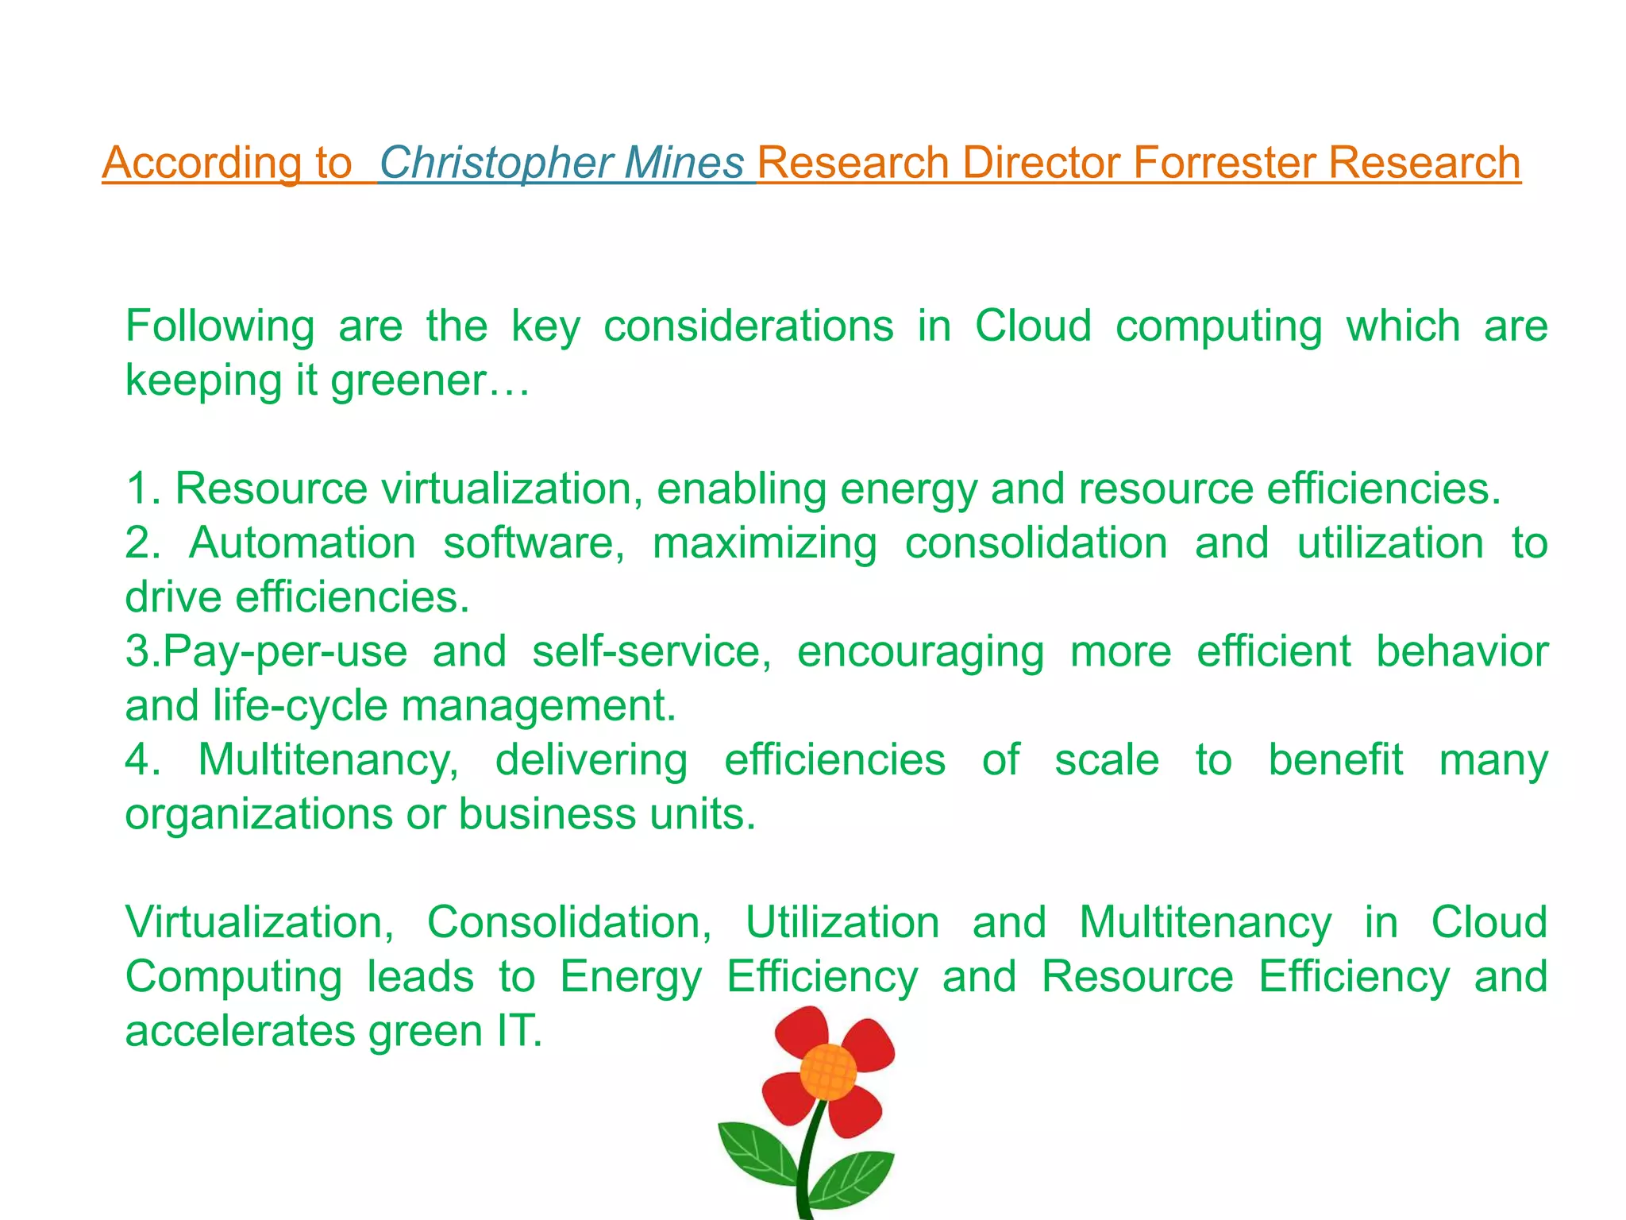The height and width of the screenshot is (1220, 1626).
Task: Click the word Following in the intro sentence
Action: [x=220, y=326]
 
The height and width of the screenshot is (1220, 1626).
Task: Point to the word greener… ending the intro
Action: [x=430, y=380]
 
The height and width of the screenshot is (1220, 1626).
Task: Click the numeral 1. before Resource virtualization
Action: [x=143, y=488]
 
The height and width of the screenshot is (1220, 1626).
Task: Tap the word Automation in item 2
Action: [x=302, y=543]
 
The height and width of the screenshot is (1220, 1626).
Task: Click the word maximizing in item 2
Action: [x=764, y=543]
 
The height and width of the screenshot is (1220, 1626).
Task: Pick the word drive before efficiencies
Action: [x=173, y=597]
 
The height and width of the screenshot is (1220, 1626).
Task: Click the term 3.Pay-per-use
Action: [x=266, y=652]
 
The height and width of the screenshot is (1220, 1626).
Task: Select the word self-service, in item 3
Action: [x=651, y=652]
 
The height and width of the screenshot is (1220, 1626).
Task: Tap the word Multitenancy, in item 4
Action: [x=328, y=760]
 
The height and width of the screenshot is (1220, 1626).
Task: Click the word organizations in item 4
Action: [x=259, y=815]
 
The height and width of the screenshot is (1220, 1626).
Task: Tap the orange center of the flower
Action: [x=827, y=1072]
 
